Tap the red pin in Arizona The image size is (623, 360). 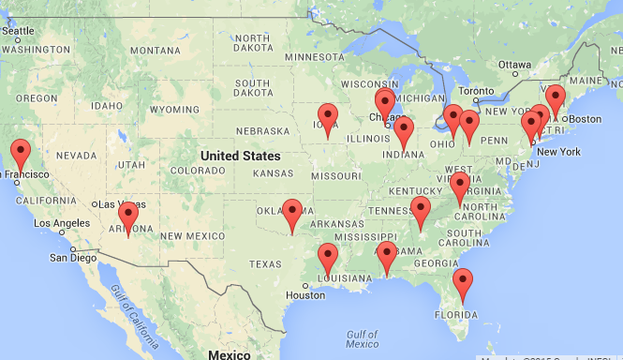point(129,214)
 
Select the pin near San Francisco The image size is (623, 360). point(21,152)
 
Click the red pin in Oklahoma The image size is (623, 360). point(293,211)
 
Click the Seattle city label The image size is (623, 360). point(19,30)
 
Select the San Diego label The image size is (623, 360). point(72,257)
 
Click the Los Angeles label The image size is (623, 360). point(64,222)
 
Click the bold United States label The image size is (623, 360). point(240,156)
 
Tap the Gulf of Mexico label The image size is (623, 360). point(361,339)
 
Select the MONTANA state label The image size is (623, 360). point(155,50)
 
